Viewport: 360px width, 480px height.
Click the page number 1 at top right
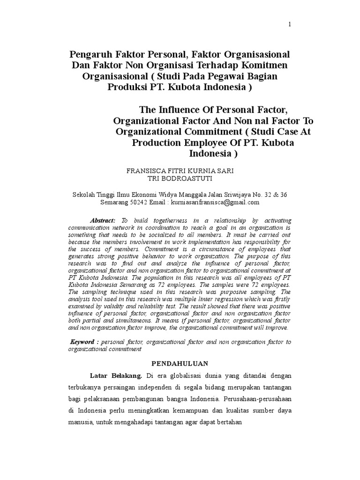pyautogui.click(x=290, y=25)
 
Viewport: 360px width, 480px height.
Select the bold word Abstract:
pyautogui.click(x=103, y=220)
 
